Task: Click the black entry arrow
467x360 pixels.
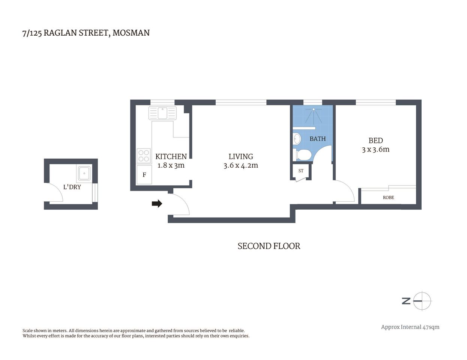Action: [157, 204]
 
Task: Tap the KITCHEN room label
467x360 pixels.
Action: [171, 156]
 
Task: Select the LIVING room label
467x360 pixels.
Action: [241, 156]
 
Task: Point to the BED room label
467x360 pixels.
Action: [375, 141]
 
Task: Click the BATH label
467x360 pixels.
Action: [317, 139]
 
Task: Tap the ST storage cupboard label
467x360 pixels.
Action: [301, 171]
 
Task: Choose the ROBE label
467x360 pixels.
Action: [388, 197]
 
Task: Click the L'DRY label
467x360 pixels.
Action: [72, 187]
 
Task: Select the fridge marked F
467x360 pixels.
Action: [144, 175]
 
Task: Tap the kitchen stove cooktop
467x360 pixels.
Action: [144, 156]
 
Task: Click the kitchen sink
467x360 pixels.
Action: [162, 113]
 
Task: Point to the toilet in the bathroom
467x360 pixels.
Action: [303, 154]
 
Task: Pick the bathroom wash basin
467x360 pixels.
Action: [297, 139]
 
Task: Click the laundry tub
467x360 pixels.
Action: [84, 173]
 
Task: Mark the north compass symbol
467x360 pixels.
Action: [422, 301]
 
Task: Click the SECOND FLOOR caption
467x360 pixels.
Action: [269, 246]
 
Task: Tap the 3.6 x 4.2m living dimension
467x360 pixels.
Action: [241, 165]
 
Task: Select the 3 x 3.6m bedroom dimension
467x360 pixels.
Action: [375, 150]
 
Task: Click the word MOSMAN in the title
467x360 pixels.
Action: [131, 33]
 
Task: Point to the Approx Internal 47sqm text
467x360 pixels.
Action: [410, 327]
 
